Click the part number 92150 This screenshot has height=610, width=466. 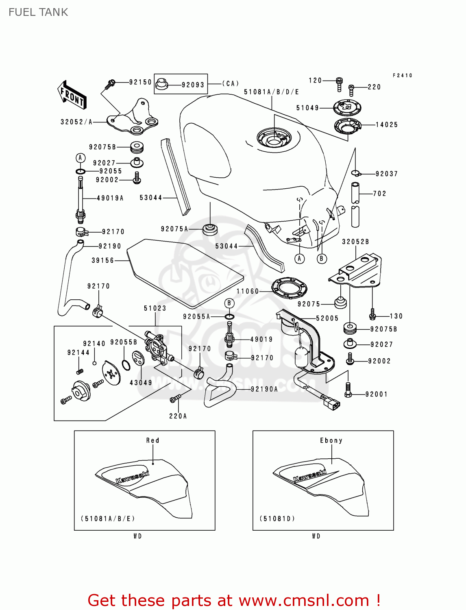coord(140,82)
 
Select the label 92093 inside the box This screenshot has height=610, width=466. coord(193,85)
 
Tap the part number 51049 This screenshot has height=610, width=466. coord(307,108)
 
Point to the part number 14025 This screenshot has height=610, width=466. coord(386,125)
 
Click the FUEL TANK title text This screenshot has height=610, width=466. coord(38,12)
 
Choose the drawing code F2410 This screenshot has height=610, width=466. coord(402,76)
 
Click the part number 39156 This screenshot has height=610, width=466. coord(102,260)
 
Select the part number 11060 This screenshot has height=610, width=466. coord(247,291)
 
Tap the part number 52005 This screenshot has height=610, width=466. coord(327,318)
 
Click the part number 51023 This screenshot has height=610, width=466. coord(155,308)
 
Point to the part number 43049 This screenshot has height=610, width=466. coord(141,383)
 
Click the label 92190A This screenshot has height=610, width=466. coord(264,389)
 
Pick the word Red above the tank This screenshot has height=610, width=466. coord(153,440)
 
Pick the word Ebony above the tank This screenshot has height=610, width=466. coord(331,440)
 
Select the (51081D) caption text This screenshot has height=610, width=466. coord(277,518)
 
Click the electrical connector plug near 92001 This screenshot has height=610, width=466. coord(331,403)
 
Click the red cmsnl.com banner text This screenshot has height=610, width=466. coord(234,600)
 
